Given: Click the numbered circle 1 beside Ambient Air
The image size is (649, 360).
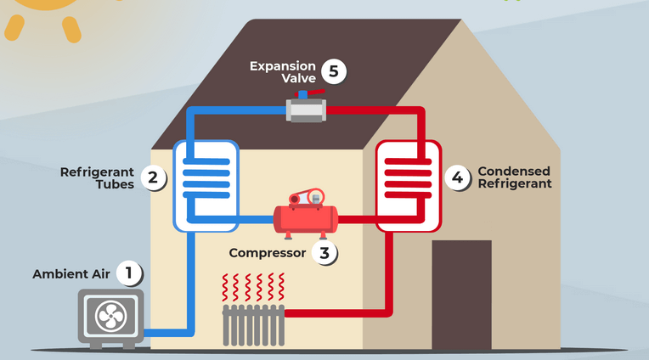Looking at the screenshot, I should (129, 273).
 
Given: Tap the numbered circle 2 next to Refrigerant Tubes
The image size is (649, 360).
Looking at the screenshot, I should (153, 177).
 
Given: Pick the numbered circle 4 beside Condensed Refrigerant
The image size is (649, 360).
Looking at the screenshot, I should (458, 177).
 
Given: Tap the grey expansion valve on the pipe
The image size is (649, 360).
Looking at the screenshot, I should (307, 109).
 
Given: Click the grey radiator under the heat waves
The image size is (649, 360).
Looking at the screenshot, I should (252, 323).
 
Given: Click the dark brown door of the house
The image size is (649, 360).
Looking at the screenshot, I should (461, 294).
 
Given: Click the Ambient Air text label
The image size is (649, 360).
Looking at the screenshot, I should (72, 273).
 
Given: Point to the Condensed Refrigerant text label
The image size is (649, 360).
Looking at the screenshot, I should (514, 177).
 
